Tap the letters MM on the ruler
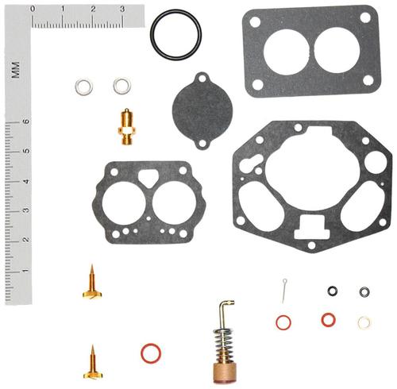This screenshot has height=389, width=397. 15,70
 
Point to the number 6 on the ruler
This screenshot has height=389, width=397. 26,121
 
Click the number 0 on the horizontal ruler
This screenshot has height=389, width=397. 33,9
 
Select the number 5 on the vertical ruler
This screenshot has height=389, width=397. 26,151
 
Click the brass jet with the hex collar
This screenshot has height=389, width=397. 127,127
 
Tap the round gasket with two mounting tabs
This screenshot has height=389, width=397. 202,111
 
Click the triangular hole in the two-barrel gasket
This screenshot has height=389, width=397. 148,178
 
